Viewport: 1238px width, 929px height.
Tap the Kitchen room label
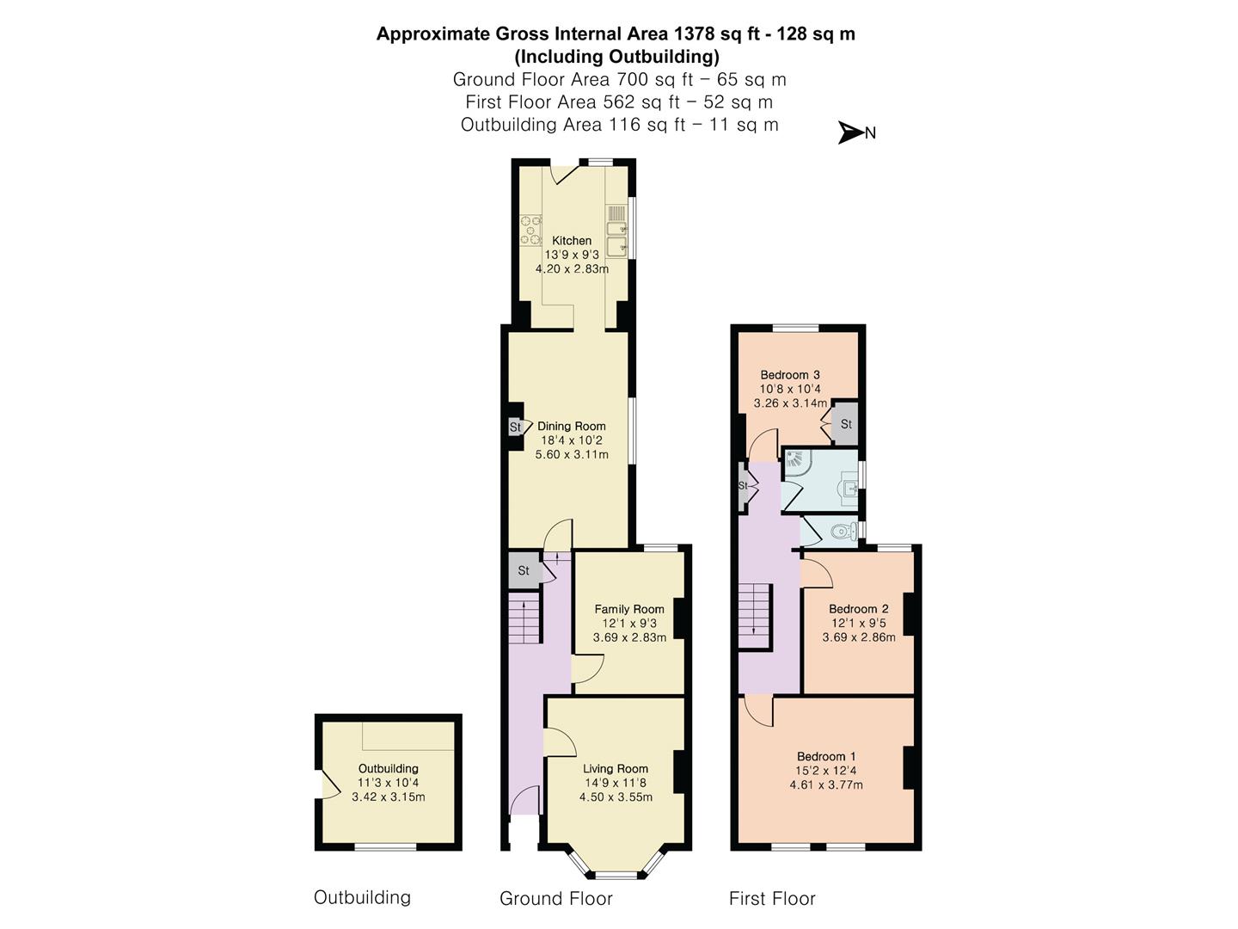coord(572,240)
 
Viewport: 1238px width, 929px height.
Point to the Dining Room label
coord(572,426)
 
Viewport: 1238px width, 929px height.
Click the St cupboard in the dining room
coord(515,427)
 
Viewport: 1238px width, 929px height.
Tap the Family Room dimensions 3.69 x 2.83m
coord(629,637)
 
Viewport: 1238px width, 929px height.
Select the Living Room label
coord(616,769)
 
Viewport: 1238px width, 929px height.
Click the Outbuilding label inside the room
coord(389,768)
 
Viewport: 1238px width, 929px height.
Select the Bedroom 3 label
coord(790,374)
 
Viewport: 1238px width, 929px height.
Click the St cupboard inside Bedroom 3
coord(845,423)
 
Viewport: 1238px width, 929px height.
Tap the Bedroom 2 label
coord(859,609)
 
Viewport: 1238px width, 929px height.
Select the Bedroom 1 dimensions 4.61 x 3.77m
coord(826,784)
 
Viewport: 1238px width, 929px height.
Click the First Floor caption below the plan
coord(772,899)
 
